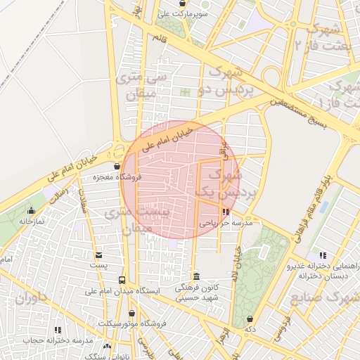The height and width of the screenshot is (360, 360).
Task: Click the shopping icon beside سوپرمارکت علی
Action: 182,3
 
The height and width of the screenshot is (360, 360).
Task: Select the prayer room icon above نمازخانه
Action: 31,210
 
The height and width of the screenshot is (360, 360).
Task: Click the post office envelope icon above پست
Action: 98,255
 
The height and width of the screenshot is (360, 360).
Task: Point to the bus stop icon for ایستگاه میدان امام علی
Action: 122,280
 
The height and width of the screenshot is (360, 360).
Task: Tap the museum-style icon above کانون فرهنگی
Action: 195,276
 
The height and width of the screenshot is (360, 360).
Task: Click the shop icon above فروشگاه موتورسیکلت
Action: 131,313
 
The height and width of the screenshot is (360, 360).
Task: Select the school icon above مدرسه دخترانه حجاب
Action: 58,330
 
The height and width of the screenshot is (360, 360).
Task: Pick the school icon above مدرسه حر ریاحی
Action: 225,212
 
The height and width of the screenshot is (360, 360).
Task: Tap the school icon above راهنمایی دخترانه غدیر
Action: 322,255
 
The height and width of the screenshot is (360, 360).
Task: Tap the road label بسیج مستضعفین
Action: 299,112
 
